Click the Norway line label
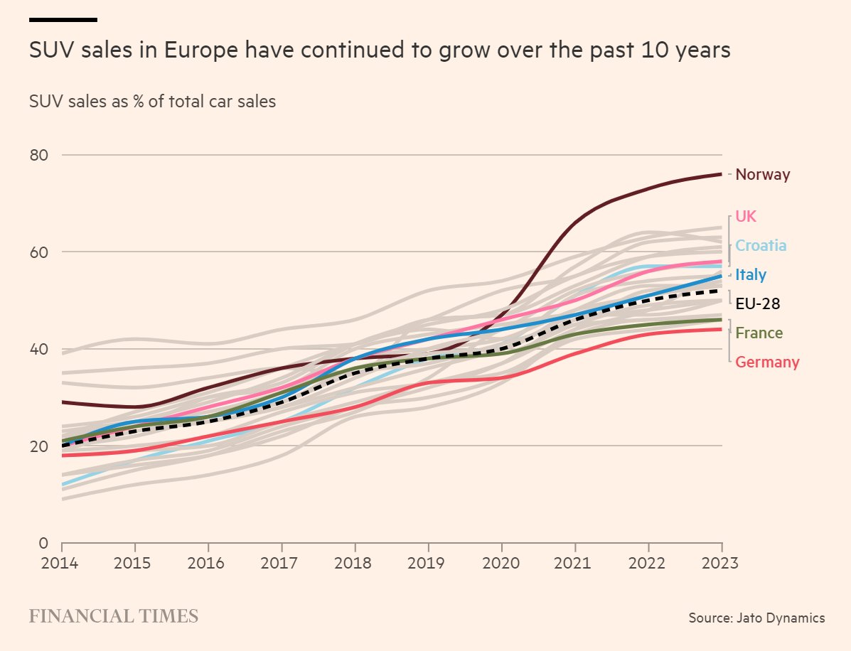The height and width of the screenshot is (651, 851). (762, 174)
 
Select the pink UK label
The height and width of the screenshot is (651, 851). (746, 216)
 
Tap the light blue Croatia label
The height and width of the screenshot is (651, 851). (761, 246)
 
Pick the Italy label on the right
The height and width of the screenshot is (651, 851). (751, 275)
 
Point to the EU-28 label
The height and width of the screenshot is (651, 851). (757, 304)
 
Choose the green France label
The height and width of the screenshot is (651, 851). (759, 333)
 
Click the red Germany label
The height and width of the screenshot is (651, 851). (767, 362)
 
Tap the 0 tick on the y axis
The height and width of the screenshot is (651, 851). (43, 544)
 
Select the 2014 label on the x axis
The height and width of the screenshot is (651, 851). (62, 564)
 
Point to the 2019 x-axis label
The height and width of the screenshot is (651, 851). (429, 564)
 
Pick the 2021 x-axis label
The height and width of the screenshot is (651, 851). (575, 564)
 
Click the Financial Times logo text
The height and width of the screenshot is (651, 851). (113, 616)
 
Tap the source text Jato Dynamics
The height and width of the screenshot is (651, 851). (756, 618)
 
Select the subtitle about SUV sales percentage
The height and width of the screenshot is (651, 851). (152, 102)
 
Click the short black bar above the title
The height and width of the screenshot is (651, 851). (63, 19)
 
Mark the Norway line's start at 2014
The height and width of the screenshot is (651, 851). (63, 402)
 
